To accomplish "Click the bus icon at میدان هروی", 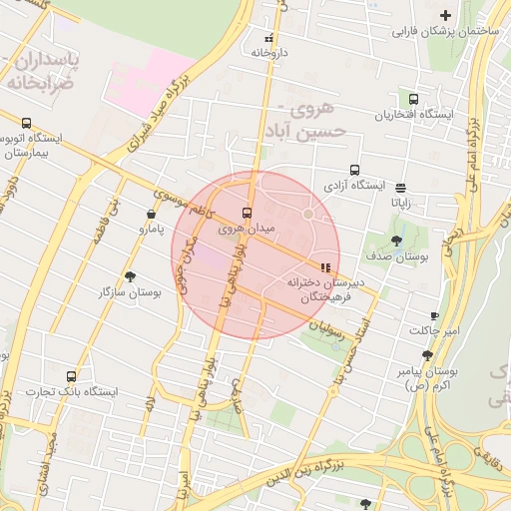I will pos(248,213).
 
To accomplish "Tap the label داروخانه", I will pos(269,51).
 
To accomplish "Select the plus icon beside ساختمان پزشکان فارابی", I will pos(446,15).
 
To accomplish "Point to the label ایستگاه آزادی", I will pos(354,186).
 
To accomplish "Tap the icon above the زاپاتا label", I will pos(400,187).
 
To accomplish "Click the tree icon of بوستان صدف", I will pos(397,241).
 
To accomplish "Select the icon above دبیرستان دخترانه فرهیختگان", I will pos(325,267).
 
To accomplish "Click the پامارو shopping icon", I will pos(151,213).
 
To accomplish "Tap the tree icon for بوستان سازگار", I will pos(131,276).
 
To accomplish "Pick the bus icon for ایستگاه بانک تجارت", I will pos(71,376).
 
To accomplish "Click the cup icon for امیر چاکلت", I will pos(434,314).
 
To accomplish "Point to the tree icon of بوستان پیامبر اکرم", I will pos(427,355).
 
